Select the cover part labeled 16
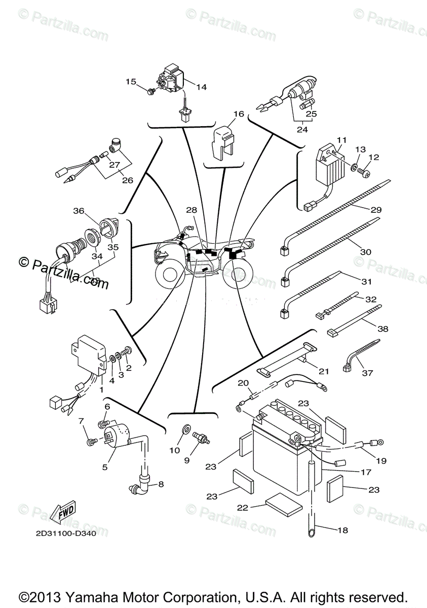[x=223, y=137]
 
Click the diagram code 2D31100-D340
[x=72, y=533]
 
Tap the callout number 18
[x=342, y=530]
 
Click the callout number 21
[x=324, y=371]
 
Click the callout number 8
[x=161, y=484]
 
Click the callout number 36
[x=77, y=211]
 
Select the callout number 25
[x=311, y=114]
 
